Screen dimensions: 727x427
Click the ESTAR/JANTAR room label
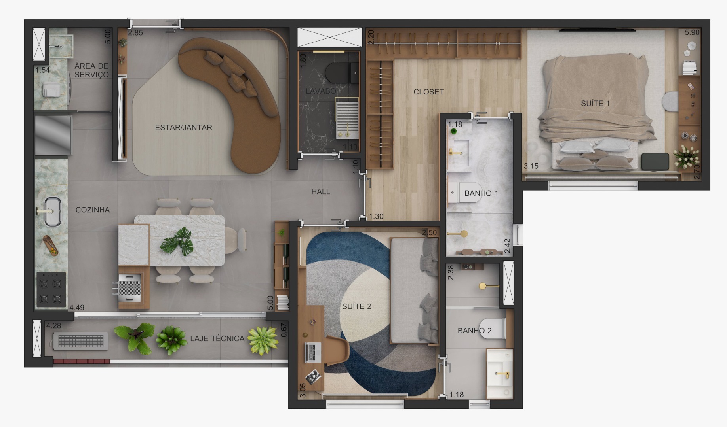click(183, 127)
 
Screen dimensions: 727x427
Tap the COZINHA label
click(93, 210)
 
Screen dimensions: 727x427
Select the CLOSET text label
click(428, 92)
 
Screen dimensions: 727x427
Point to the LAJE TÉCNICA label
click(217, 338)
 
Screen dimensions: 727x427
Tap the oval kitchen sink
click(52, 212)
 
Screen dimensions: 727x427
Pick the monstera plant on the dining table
click(177, 241)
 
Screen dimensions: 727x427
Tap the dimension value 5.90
click(692, 33)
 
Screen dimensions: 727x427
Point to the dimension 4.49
click(77, 307)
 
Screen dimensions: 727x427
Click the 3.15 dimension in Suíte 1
click(531, 166)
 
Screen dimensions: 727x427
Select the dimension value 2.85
click(135, 33)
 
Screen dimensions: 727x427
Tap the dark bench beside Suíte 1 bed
click(655, 162)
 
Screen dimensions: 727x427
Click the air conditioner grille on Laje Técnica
click(81, 341)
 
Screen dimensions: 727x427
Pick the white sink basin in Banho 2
click(500, 373)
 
